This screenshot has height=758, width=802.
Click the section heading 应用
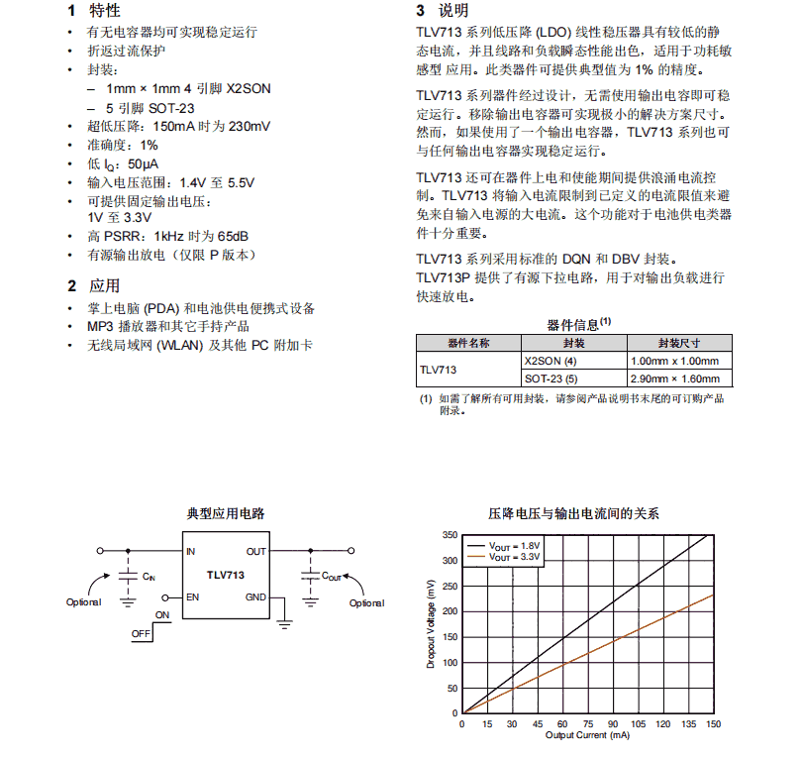pyautogui.click(x=104, y=285)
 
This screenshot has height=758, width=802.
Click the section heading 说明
pyautogui.click(x=453, y=11)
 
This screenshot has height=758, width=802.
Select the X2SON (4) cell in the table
pyautogui.click(x=551, y=361)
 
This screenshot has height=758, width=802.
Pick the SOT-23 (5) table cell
pyautogui.click(x=551, y=379)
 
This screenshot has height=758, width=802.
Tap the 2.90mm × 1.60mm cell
pyautogui.click(x=674, y=379)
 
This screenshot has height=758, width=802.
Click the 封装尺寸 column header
pyautogui.click(x=679, y=343)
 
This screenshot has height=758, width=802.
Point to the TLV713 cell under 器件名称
pyautogui.click(x=439, y=370)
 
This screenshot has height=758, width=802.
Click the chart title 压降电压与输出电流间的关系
pyautogui.click(x=573, y=513)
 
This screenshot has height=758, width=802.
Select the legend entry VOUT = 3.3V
pyautogui.click(x=516, y=557)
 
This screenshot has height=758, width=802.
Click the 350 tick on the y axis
pyautogui.click(x=450, y=535)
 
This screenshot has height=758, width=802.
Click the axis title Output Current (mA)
pyautogui.click(x=587, y=735)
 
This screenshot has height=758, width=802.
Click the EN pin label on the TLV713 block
pyautogui.click(x=192, y=597)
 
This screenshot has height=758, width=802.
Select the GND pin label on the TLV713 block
pyautogui.click(x=256, y=597)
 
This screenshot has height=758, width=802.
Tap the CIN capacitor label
pyautogui.click(x=149, y=576)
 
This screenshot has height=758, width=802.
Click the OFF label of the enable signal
pyautogui.click(x=141, y=633)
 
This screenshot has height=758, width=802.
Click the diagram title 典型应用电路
pyautogui.click(x=226, y=513)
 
